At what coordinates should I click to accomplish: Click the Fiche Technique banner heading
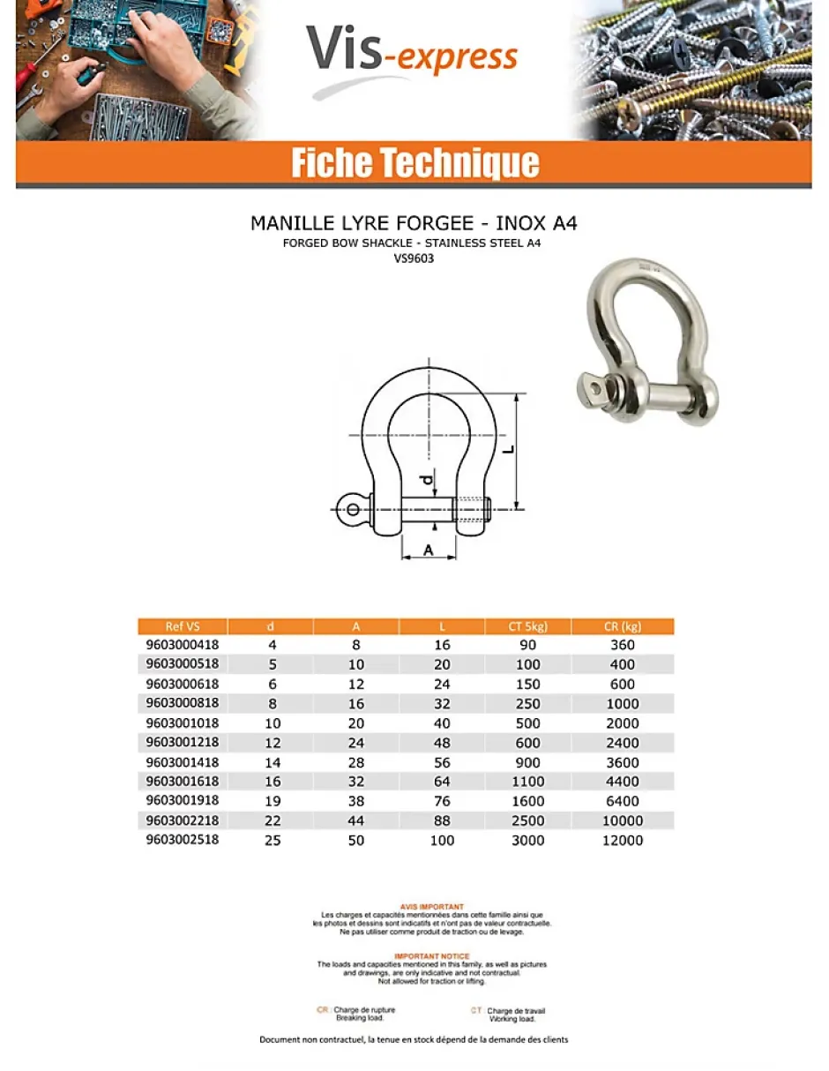click(414, 163)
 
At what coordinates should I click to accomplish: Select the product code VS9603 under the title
click(414, 259)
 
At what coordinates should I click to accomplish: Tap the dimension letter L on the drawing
click(508, 448)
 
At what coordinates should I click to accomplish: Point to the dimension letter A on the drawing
click(429, 550)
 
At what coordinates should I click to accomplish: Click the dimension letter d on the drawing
click(426, 480)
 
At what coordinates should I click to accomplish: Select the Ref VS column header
click(183, 626)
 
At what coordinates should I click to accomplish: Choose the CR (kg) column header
click(623, 626)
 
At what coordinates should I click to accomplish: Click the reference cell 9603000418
click(182, 645)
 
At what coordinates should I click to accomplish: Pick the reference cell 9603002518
click(182, 840)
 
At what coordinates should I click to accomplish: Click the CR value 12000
click(623, 841)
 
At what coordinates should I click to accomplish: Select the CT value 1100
click(528, 782)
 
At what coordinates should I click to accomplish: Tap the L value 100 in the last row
click(442, 841)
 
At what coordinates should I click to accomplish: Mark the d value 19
click(272, 801)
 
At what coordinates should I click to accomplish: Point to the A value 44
click(356, 820)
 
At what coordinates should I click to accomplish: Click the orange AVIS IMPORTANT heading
click(431, 906)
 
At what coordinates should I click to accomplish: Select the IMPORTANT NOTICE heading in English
click(431, 956)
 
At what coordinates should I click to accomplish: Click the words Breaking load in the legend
click(355, 1018)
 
